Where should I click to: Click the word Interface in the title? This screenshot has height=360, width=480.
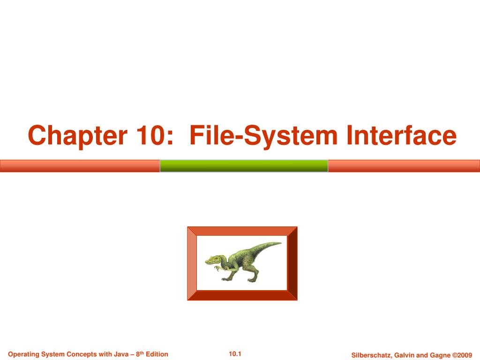pos(401,136)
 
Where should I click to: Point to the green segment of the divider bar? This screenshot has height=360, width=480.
pos(244,166)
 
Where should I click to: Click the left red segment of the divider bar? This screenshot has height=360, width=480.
pos(80,166)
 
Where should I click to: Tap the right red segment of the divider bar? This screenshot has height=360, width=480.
pos(404,166)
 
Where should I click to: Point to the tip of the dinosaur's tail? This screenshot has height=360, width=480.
pos(280,243)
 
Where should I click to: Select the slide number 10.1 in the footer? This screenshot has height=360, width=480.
pos(235,353)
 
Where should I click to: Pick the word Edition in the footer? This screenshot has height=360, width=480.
pos(157,354)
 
